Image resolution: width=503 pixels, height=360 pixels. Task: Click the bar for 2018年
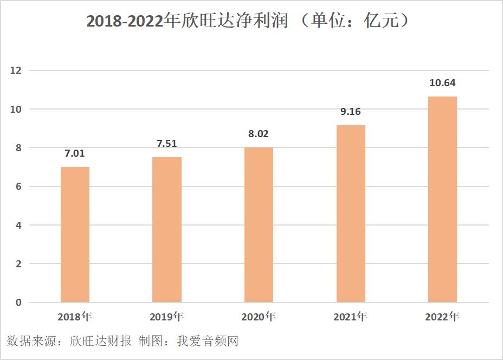pos(75,234)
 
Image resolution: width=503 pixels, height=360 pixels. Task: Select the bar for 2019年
pos(167,229)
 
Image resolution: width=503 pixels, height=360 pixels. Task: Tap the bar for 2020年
pos(259,224)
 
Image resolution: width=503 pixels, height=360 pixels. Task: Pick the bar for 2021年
pos(351,214)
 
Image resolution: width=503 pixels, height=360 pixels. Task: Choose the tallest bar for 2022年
pos(442,199)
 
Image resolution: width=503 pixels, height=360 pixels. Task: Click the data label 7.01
pos(75,153)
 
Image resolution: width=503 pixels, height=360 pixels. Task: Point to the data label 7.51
pos(167,144)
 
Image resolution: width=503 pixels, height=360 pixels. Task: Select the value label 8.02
pos(259,134)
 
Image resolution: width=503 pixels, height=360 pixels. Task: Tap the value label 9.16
pos(351,112)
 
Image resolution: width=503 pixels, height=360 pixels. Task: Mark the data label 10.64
pos(442,83)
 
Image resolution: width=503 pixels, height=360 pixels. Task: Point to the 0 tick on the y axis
pos(18,303)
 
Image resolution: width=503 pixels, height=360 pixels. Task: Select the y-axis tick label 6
pos(18,187)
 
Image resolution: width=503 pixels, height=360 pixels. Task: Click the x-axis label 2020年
pos(259,316)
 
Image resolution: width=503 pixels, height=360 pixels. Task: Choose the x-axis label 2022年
pos(442,317)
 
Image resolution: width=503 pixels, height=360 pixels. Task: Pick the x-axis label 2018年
pos(75,316)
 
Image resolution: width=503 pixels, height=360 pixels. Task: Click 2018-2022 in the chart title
pos(125,22)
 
